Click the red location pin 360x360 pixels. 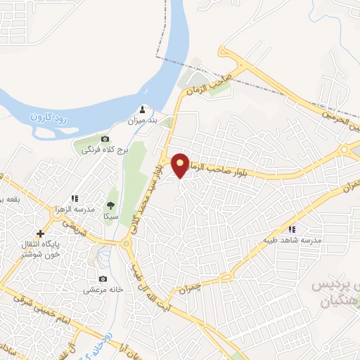click(181, 165)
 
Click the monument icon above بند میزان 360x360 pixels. click(142, 110)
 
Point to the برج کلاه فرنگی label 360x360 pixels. click(103, 149)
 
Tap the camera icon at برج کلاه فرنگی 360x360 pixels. click(105, 139)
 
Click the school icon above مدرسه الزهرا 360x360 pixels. click(75, 199)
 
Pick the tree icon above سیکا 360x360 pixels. click(110, 205)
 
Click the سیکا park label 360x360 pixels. click(110, 216)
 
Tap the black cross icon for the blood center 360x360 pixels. click(40, 233)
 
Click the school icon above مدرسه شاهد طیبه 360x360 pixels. click(291, 229)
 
